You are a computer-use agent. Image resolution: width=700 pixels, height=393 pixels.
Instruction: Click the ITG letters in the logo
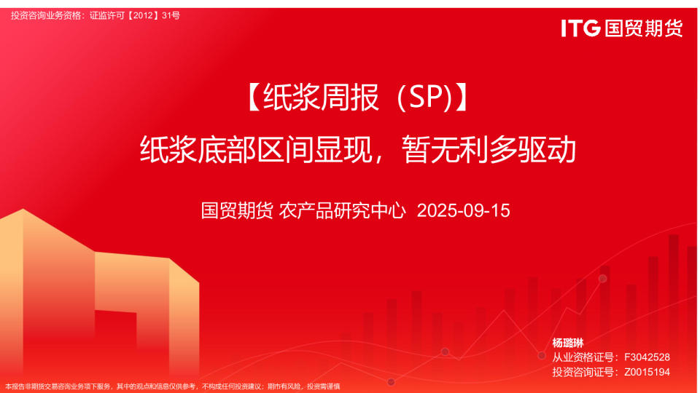pos(580,28)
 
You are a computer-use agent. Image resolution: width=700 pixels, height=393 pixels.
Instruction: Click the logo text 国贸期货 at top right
pos(642,28)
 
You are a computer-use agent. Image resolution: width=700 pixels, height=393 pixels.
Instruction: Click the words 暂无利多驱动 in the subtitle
pos(489,150)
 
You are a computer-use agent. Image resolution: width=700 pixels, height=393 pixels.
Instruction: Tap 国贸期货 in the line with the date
pos(237,211)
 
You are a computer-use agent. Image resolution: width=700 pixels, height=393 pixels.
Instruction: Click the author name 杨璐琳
pos(568,343)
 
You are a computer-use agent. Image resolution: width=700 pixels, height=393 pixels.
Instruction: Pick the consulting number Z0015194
pos(646,372)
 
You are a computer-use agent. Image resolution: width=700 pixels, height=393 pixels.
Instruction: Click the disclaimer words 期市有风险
pos(284,386)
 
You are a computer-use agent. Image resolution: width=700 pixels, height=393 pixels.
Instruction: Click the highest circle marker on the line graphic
pos(602,279)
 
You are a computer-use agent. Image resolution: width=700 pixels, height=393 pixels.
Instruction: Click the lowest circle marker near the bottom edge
pos(391,381)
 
